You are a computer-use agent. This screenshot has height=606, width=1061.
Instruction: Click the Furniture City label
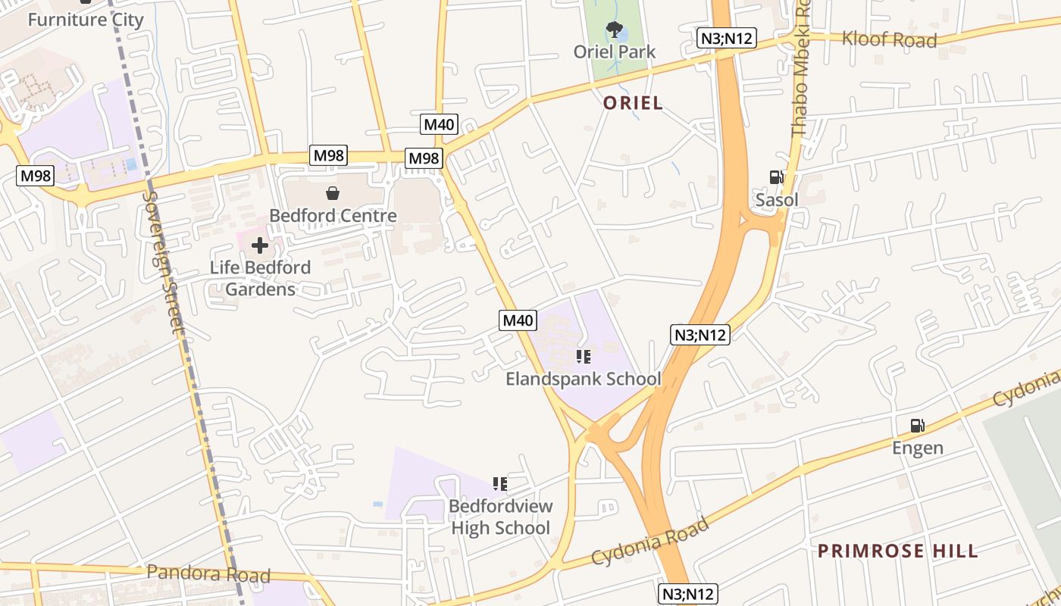pyautogui.click(x=86, y=20)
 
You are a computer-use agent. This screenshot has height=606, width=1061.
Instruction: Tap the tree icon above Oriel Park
pyautogui.click(x=614, y=30)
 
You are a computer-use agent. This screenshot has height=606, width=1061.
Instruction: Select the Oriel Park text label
pyautogui.click(x=614, y=52)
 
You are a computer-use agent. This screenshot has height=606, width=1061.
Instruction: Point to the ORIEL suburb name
pyautogui.click(x=633, y=103)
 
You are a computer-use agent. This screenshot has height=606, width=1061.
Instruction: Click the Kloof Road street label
pyautogui.click(x=889, y=39)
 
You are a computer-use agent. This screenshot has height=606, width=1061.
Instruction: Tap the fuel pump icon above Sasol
pyautogui.click(x=776, y=177)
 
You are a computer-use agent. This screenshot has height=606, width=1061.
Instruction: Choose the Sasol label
pyautogui.click(x=777, y=200)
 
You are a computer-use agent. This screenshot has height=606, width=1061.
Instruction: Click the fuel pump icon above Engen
pyautogui.click(x=917, y=425)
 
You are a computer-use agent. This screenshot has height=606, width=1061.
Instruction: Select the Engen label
pyautogui.click(x=917, y=448)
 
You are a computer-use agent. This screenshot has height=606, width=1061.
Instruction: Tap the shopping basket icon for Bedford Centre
pyautogui.click(x=332, y=193)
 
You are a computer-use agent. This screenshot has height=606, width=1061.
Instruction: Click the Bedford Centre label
pyautogui.click(x=333, y=216)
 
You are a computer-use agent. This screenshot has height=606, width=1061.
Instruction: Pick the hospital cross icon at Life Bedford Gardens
pyautogui.click(x=260, y=245)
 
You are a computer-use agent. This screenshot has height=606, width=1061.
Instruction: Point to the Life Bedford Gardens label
pyautogui.click(x=260, y=278)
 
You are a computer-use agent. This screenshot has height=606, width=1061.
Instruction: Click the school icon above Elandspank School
pyautogui.click(x=583, y=356)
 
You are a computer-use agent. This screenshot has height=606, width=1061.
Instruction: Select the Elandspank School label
pyautogui.click(x=583, y=379)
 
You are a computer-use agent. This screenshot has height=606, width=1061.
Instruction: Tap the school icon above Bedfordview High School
pyautogui.click(x=499, y=483)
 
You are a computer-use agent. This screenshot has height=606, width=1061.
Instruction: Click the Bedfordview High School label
pyautogui.click(x=500, y=517)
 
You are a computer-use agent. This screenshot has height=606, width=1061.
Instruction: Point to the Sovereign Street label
pyautogui.click(x=163, y=261)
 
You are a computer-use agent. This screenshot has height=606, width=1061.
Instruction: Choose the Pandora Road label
pyautogui.click(x=208, y=573)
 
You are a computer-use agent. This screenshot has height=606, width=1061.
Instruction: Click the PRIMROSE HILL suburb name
pyautogui.click(x=897, y=551)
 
